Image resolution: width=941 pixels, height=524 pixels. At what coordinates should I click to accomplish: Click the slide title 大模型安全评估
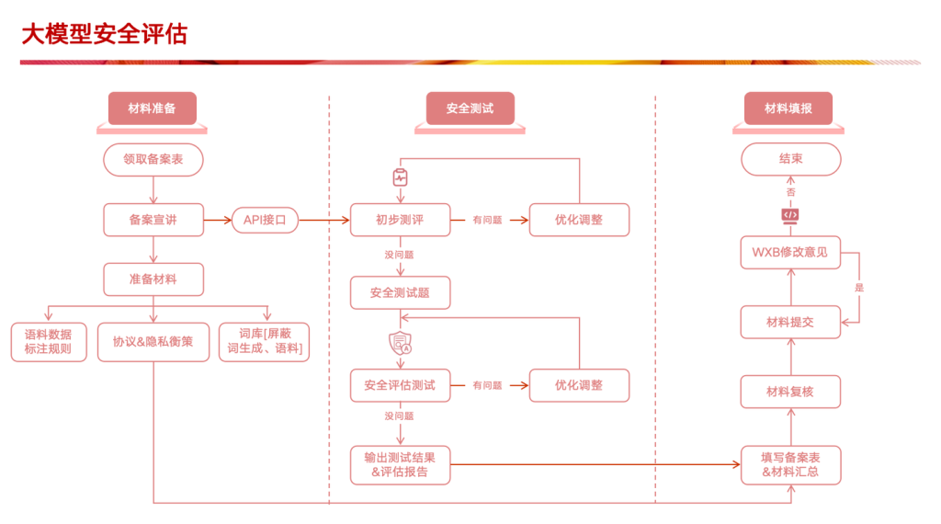104,34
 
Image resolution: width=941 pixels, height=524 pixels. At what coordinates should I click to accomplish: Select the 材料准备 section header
153,108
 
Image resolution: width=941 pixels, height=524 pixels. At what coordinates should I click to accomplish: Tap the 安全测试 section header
470,108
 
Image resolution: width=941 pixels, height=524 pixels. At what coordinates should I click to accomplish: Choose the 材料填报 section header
788,108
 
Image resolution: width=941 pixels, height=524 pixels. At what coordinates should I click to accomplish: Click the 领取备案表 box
153,159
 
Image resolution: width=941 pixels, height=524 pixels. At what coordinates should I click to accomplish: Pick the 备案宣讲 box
153,220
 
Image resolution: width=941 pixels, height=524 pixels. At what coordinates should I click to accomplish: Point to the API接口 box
265,220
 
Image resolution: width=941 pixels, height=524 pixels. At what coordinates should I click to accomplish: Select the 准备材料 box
153,279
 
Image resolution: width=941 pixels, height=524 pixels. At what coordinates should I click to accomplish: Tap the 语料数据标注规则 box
49,342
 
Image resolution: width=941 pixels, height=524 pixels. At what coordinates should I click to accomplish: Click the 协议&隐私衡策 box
153,342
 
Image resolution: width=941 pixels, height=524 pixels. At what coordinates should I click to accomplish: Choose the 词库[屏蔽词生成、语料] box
264,342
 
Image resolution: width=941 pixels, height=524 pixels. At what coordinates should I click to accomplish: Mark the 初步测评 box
400,220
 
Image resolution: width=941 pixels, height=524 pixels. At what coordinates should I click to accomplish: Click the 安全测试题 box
400,292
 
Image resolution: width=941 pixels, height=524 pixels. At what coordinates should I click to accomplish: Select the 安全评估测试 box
400,385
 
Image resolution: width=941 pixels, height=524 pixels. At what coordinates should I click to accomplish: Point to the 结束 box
790,159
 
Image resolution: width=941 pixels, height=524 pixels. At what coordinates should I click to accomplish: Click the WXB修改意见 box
790,252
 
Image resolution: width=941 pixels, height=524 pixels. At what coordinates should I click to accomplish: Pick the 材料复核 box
790,392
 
